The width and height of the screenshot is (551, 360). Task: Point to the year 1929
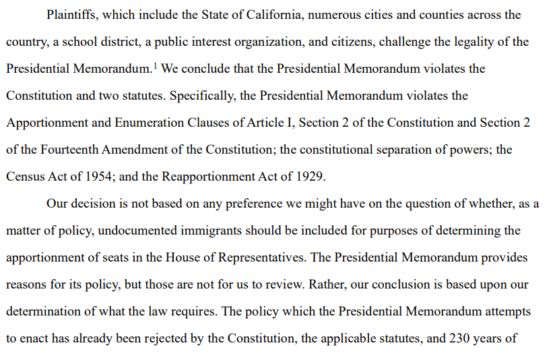click(310, 177)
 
